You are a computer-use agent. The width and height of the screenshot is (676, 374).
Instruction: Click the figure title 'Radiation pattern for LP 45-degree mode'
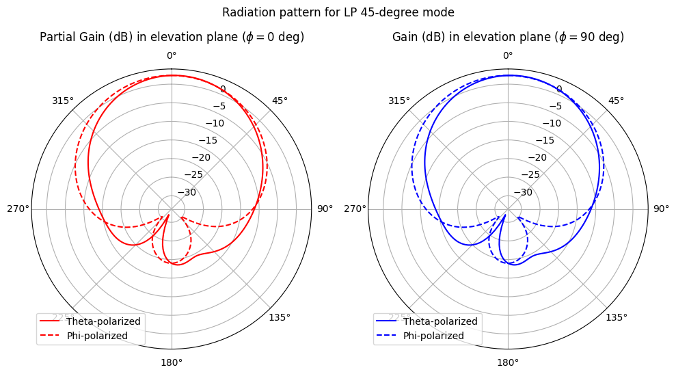coord(338,12)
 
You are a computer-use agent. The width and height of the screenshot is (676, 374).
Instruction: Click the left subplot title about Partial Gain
coord(172,37)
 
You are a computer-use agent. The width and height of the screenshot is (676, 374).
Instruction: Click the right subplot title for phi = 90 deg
coord(508,37)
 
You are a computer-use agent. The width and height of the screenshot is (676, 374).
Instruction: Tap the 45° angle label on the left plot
coord(280,101)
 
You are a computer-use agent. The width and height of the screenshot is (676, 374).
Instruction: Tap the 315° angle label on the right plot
coord(399,101)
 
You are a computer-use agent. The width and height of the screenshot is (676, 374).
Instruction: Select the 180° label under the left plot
coord(172,362)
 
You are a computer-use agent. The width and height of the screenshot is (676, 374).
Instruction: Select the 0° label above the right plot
coord(508,55)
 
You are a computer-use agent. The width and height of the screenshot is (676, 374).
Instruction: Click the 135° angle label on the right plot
coord(616,317)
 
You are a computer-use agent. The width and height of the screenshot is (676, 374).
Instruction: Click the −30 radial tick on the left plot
coord(187,192)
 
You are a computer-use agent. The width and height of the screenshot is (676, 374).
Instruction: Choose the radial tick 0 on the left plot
coord(222,89)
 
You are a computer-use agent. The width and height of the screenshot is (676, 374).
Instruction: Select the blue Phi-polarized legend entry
coord(437,335)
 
